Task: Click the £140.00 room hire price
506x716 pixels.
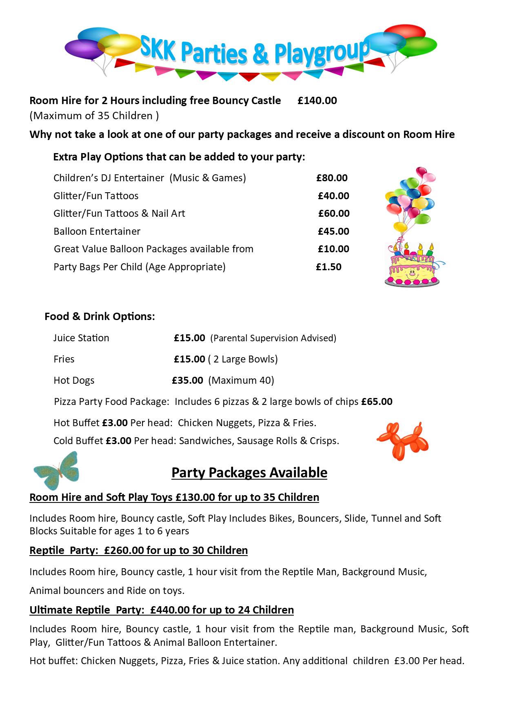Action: point(317,101)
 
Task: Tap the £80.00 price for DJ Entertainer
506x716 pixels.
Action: point(332,178)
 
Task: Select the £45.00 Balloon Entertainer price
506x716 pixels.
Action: point(333,231)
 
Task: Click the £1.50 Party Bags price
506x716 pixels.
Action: point(328,267)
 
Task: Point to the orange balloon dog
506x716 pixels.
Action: point(402,441)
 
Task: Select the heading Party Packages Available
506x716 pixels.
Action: point(249,473)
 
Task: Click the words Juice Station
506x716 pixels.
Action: point(81,338)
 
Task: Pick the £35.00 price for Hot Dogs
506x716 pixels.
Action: point(187,380)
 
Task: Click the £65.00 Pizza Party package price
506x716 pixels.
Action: point(377,402)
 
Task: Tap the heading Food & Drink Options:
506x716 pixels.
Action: point(100,317)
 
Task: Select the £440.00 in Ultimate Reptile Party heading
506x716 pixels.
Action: point(170,610)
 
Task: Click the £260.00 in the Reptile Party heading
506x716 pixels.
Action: point(124,550)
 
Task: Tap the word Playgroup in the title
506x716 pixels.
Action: point(321,53)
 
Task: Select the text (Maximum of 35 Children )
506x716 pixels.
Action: point(94,116)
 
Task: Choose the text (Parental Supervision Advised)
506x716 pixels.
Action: point(273,338)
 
